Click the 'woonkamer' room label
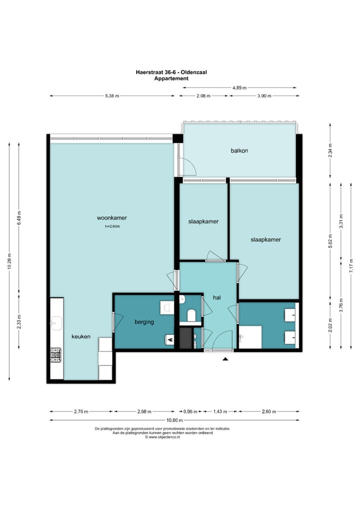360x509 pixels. tap(111, 218)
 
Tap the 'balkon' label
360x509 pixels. tap(239, 150)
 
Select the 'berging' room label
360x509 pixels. tap(144, 322)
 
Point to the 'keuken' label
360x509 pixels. tap(80, 336)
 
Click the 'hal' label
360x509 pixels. tap(216, 297)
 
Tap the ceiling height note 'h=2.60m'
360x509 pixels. tap(112, 226)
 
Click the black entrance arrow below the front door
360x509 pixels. tap(225, 358)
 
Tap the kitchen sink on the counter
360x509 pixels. tap(55, 324)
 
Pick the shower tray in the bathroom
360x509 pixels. tap(250, 336)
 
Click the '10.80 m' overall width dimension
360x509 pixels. tap(174, 420)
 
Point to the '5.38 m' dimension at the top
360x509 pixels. tap(112, 96)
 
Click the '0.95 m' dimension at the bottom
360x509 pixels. tap(188, 412)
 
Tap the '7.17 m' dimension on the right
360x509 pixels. tap(351, 265)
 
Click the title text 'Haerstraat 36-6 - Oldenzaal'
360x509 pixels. tap(171, 72)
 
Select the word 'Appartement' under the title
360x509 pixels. tap(171, 78)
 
